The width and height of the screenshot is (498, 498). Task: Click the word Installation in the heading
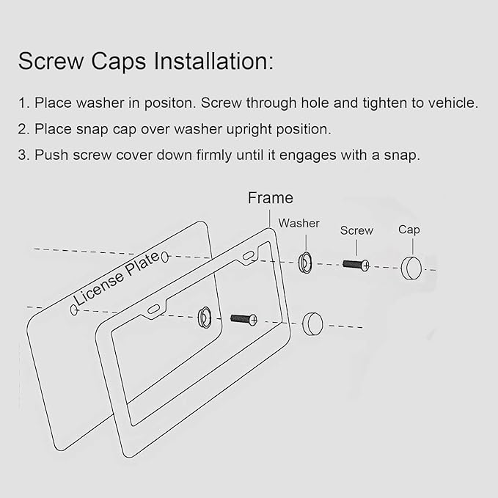click(x=213, y=61)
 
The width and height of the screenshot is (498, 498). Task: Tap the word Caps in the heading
click(x=119, y=62)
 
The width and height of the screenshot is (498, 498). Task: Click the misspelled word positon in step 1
click(x=170, y=103)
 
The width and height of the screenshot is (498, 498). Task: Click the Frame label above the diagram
click(x=271, y=198)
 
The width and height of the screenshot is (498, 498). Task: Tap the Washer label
click(x=299, y=223)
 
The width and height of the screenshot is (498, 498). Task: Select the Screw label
click(x=356, y=230)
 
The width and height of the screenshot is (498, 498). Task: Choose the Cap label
click(x=409, y=230)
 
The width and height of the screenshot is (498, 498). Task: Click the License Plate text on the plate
click(x=117, y=279)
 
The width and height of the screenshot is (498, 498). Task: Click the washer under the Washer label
click(x=305, y=263)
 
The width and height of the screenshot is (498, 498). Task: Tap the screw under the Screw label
click(x=356, y=265)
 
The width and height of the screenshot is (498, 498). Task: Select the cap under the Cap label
click(x=411, y=268)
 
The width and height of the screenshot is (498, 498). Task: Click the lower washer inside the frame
click(x=205, y=318)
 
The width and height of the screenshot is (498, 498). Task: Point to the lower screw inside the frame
click(x=243, y=319)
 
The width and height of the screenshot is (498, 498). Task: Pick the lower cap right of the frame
click(x=312, y=324)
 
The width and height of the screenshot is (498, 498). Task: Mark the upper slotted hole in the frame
click(x=248, y=255)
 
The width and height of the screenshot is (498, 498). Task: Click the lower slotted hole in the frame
click(x=154, y=309)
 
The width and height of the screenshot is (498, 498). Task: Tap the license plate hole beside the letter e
click(x=165, y=257)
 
